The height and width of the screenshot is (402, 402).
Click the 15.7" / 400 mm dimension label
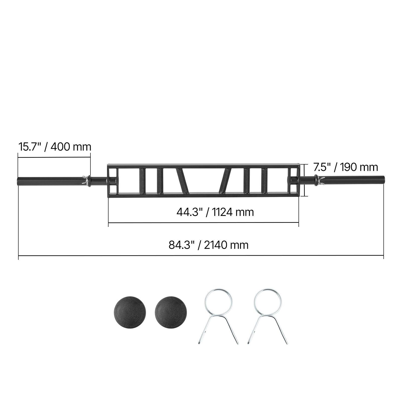55,147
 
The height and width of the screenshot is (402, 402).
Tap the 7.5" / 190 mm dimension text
345,167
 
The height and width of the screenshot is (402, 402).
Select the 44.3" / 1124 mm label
215,212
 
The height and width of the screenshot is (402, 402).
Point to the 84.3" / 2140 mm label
209,245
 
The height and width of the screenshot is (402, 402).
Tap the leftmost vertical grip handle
142,181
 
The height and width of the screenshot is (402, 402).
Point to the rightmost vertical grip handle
265,181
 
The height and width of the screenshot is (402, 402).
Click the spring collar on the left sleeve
87,181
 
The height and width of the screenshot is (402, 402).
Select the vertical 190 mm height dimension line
304,180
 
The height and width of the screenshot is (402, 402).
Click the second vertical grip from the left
160,181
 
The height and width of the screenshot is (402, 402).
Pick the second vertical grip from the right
247,181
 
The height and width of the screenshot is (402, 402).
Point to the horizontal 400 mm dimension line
54,158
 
